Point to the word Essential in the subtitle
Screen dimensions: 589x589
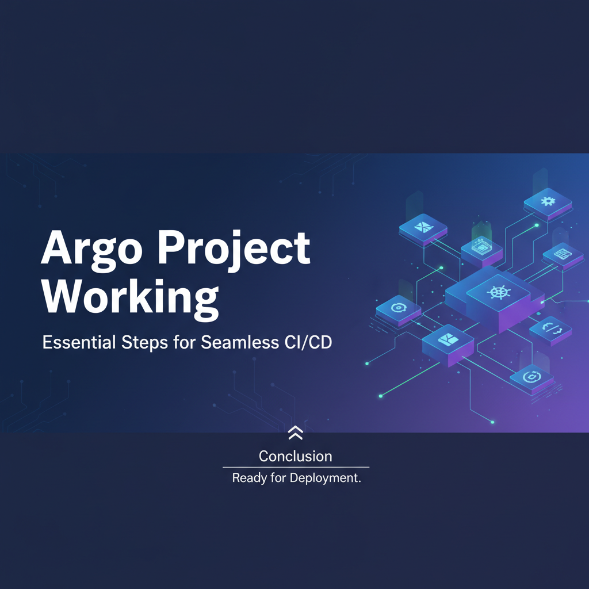coord(79,342)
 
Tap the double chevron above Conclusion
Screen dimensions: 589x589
coord(296,433)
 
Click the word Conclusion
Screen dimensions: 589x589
coord(296,456)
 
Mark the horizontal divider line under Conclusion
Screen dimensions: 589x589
coord(296,467)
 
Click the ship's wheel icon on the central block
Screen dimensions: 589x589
coord(499,292)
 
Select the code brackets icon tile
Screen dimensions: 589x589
coord(550,330)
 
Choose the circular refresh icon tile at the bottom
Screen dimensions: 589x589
coord(531,377)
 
